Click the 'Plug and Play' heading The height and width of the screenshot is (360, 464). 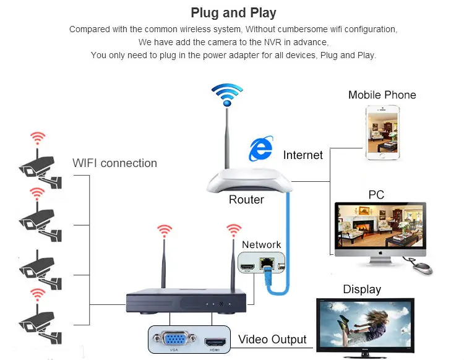point(233,12)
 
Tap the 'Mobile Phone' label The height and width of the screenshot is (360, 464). point(382,95)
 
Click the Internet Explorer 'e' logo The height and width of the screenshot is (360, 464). point(260,150)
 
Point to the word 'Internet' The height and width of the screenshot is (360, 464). point(303,155)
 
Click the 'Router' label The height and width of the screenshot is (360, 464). point(246,200)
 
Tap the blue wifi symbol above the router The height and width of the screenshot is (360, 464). point(227,95)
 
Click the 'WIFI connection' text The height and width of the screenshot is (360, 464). point(114,163)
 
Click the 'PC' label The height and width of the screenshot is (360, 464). point(376,195)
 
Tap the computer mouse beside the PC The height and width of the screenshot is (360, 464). point(421,267)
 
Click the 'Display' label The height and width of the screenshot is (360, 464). point(362,289)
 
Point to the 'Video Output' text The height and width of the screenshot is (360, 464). point(272,340)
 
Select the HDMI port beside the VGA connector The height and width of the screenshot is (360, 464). point(215,340)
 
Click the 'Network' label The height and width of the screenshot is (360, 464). point(261,245)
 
